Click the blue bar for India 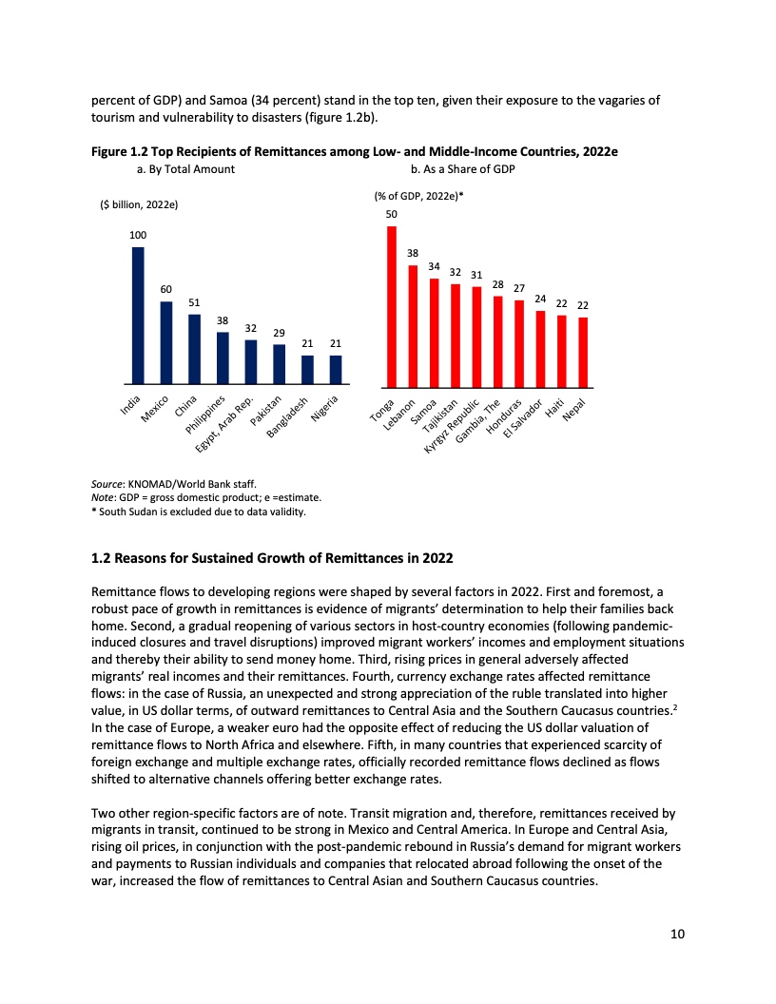coord(138,315)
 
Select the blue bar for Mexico coord(166,342)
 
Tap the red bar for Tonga coord(392,306)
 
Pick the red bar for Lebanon coord(413,326)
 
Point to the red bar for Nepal coord(583,352)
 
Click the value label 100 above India coord(138,234)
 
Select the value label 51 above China coord(194,301)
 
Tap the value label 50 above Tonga coord(391,216)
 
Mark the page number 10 coord(677,933)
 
